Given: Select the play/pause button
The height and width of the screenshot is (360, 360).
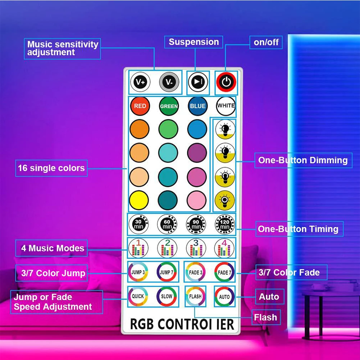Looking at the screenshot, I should point(197,82).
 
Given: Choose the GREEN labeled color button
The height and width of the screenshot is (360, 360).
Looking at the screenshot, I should point(169,106).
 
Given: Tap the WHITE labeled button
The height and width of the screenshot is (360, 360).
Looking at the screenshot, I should point(226,106).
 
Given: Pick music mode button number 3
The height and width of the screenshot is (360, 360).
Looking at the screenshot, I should point(196,247).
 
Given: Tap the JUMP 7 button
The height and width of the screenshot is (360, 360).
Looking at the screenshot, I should point(167,272).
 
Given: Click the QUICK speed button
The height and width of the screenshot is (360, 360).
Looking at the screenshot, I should point(138,296).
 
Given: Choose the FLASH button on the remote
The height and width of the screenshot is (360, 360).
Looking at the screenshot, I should point(195,296).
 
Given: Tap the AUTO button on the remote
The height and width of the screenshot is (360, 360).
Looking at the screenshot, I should point(224,297).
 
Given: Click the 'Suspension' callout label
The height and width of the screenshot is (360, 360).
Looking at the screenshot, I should point(194,42).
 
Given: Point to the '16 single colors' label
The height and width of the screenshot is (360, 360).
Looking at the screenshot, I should point(51,168).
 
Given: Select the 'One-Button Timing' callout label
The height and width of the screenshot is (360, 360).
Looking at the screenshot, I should point(298,229).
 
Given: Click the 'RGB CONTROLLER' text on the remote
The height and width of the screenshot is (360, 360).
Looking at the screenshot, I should point(182,324).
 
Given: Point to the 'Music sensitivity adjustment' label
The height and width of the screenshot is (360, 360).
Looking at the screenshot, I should point(63,48).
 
